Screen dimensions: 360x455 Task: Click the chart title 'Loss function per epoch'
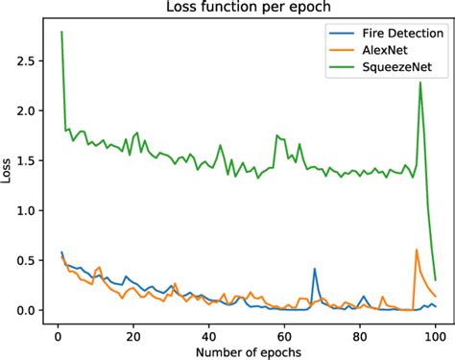click(247, 10)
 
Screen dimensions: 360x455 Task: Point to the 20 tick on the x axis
click(133, 335)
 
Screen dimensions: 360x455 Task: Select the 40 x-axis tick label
click(208, 335)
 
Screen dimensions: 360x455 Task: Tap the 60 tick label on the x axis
click(284, 335)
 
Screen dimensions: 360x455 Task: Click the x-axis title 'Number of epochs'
click(247, 351)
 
